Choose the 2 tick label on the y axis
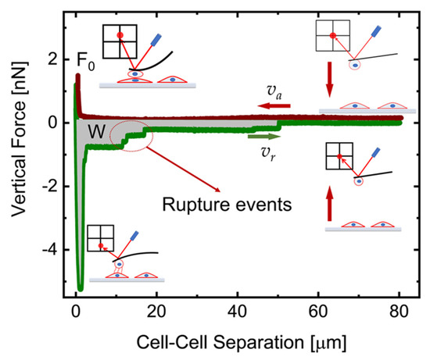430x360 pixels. pos(52,59)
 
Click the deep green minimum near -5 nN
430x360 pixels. pos(80,288)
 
